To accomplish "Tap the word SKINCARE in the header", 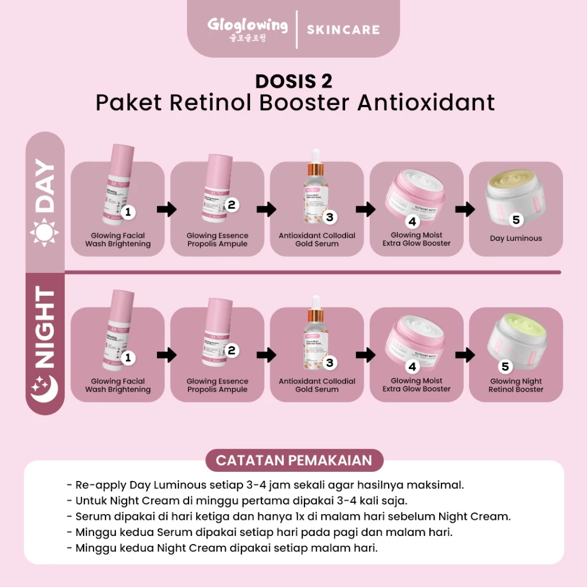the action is tap(343, 29).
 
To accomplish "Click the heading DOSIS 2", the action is tap(293, 81).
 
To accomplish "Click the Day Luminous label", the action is tap(515, 238).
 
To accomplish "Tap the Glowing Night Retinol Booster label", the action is tap(516, 385).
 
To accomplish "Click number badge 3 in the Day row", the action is tap(329, 217).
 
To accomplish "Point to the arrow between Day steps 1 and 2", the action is tap(166, 209).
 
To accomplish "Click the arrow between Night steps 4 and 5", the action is tap(465, 355).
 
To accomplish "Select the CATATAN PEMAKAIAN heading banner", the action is tap(293, 460).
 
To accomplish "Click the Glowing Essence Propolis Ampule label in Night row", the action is tap(217, 385).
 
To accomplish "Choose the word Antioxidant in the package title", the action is tap(426, 103).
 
